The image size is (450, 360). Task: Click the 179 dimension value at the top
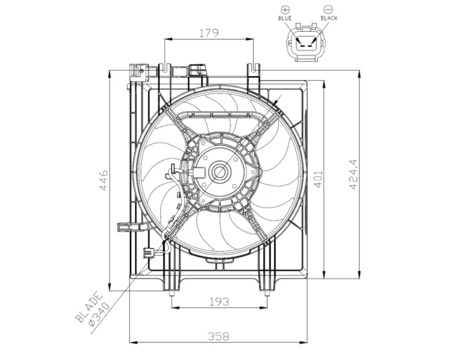click(208, 33)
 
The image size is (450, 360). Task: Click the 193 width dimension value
click(219, 302)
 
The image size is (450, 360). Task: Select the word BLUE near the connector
click(285, 19)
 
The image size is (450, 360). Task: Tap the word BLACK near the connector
click(328, 19)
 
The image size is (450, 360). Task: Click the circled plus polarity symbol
click(285, 9)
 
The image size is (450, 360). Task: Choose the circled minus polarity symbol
click(328, 9)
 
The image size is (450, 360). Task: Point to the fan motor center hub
click(221, 173)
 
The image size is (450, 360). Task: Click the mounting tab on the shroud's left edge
click(125, 226)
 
